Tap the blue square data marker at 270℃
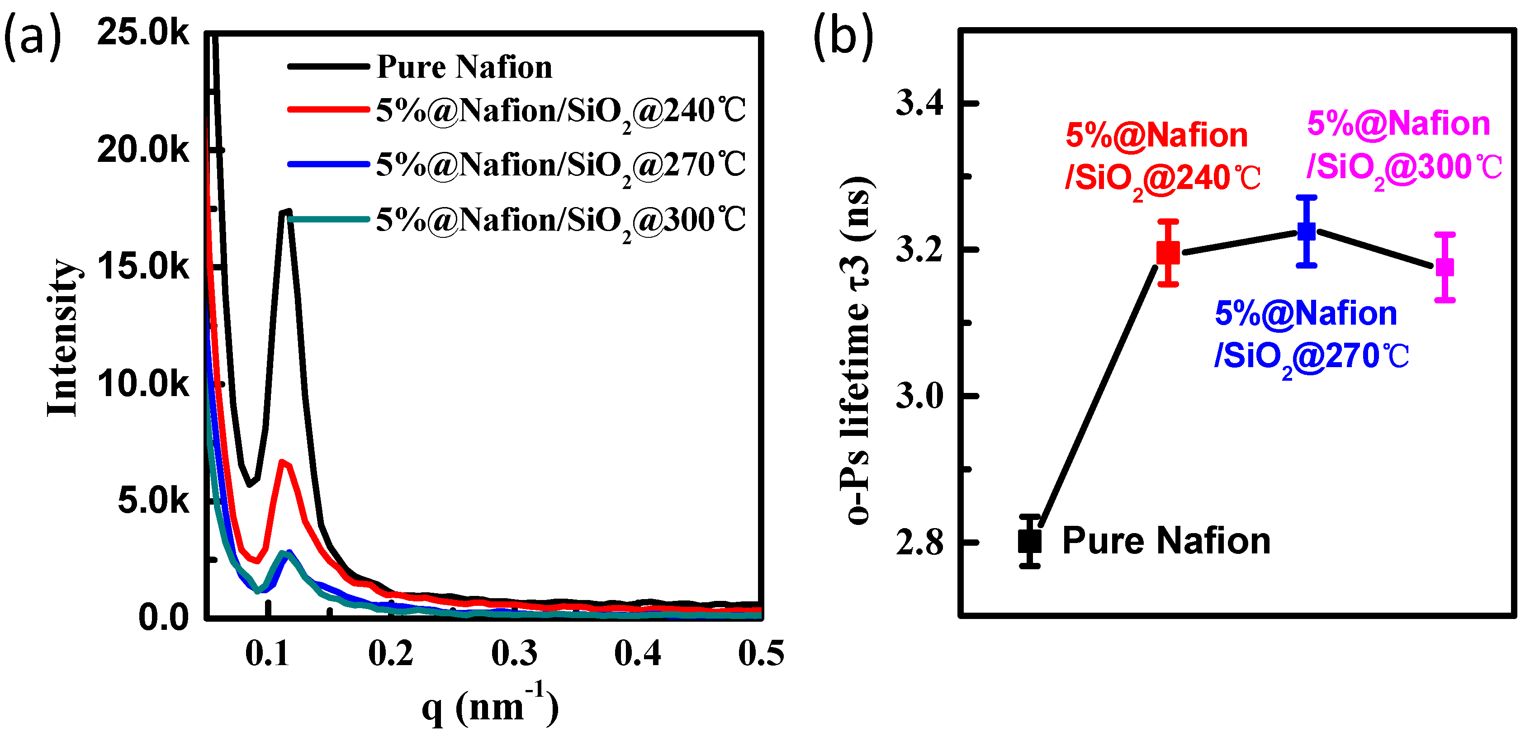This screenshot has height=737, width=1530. (x=1306, y=231)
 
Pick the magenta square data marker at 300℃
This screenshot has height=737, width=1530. (x=1445, y=267)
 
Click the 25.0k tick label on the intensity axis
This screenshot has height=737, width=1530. (x=142, y=32)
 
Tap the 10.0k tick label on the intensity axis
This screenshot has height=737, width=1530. (x=142, y=384)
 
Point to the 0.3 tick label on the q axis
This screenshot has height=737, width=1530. (x=514, y=653)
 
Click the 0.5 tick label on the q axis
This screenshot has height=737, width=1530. (x=760, y=653)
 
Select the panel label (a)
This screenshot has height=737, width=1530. (x=33, y=37)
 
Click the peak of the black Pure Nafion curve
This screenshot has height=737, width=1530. (x=286, y=212)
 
